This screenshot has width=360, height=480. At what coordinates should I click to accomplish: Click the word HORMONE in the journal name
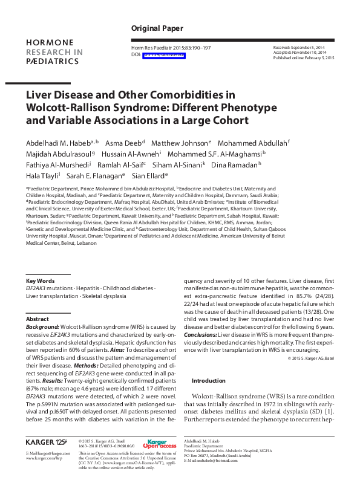pos(50,43)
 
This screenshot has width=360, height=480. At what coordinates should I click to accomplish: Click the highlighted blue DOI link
pos(162,56)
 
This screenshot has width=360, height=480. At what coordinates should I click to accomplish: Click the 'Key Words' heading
pos(41,281)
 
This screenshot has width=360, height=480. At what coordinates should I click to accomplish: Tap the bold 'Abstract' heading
pos(38,319)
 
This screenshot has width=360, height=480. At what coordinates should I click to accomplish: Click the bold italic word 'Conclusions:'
pos(200,334)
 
